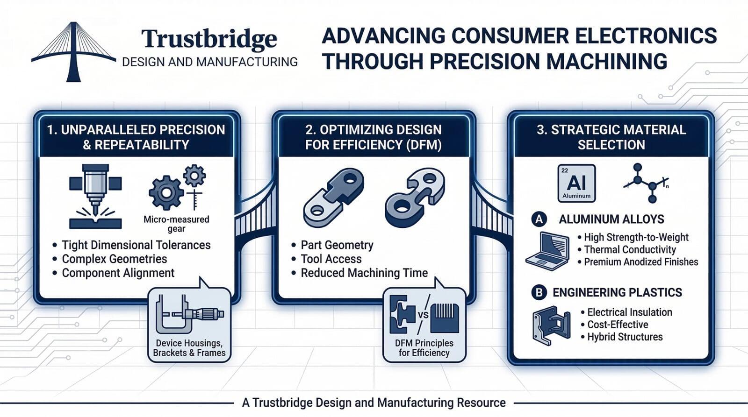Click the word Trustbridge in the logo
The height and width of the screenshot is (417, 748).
tap(209, 39)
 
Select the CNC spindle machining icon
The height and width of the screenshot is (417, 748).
tap(95, 196)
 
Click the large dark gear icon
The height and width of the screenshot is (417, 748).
tap(165, 192)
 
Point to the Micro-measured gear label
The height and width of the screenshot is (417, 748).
tap(176, 224)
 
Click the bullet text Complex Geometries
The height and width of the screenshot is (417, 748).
tap(114, 259)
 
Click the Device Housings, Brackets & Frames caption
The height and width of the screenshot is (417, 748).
tap(189, 348)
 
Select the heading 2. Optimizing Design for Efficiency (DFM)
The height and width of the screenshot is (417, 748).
tap(373, 137)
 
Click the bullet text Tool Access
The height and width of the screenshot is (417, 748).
tap(331, 259)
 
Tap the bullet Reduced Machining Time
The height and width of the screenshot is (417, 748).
tap(364, 273)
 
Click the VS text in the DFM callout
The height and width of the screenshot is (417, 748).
tap(423, 314)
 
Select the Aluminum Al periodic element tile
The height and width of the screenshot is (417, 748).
tap(576, 184)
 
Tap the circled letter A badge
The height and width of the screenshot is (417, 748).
tap(539, 219)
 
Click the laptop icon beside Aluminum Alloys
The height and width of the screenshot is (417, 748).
tap(547, 250)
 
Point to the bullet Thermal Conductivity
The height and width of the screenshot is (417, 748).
tap(630, 250)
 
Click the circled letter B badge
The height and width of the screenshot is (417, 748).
tap(539, 293)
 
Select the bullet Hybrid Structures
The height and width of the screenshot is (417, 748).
tap(625, 337)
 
